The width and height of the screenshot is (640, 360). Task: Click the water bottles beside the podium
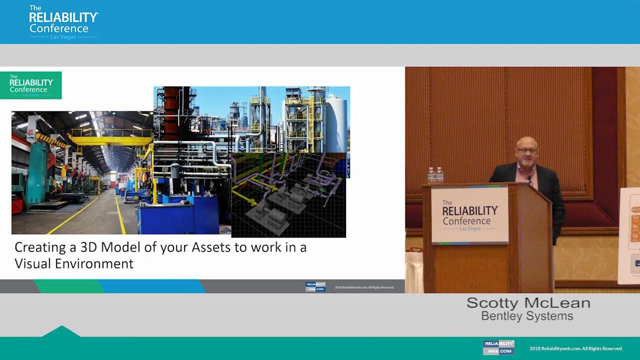coord(435,175)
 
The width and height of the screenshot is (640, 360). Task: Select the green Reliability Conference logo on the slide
coord(31,85)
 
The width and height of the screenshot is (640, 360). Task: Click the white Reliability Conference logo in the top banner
coord(63,22)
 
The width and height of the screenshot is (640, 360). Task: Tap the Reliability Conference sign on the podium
coord(469,215)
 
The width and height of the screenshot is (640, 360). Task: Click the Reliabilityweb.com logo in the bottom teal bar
coord(498,347)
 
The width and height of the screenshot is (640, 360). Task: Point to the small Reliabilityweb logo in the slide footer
coord(315,287)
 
